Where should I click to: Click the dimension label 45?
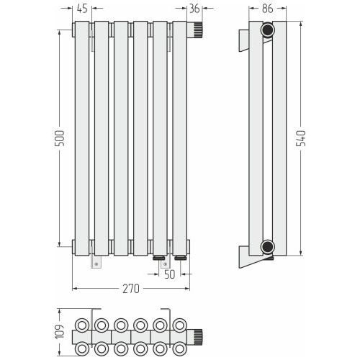click(82, 9)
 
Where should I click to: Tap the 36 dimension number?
click(194, 9)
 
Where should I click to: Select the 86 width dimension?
click(267, 9)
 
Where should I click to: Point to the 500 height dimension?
click(59, 138)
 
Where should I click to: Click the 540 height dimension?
click(301, 138)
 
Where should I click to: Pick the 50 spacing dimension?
click(170, 274)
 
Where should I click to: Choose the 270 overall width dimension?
click(131, 289)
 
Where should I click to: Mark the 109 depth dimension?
click(60, 332)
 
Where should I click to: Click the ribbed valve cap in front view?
click(198, 30)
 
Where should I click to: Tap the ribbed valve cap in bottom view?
click(198, 337)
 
